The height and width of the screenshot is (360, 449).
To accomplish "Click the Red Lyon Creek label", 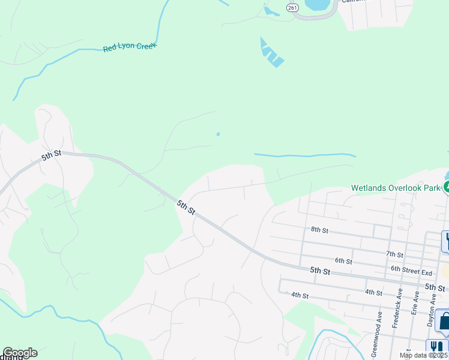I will pyautogui.click(x=130, y=47).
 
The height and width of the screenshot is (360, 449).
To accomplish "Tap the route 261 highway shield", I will pyautogui.click(x=292, y=7).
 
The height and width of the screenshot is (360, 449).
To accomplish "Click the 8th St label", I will pyautogui.click(x=319, y=230).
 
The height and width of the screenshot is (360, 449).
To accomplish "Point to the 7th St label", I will pyautogui.click(x=394, y=255).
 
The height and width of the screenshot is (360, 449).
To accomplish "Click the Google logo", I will pyautogui.click(x=20, y=353).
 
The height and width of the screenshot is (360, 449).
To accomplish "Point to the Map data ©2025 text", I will pyautogui.click(x=424, y=355).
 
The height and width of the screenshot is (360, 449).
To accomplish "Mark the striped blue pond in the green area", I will pyautogui.click(x=272, y=53).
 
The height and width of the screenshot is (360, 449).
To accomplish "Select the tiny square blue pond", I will pyautogui.click(x=218, y=134).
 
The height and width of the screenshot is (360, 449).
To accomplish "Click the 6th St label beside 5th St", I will pyautogui.click(x=343, y=261).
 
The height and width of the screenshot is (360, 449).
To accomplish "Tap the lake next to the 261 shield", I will pyautogui.click(x=318, y=5).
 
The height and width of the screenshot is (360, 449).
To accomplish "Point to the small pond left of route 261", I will pyautogui.click(x=268, y=10).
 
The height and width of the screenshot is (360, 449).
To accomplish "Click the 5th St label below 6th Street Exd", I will pyautogui.click(x=435, y=287).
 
